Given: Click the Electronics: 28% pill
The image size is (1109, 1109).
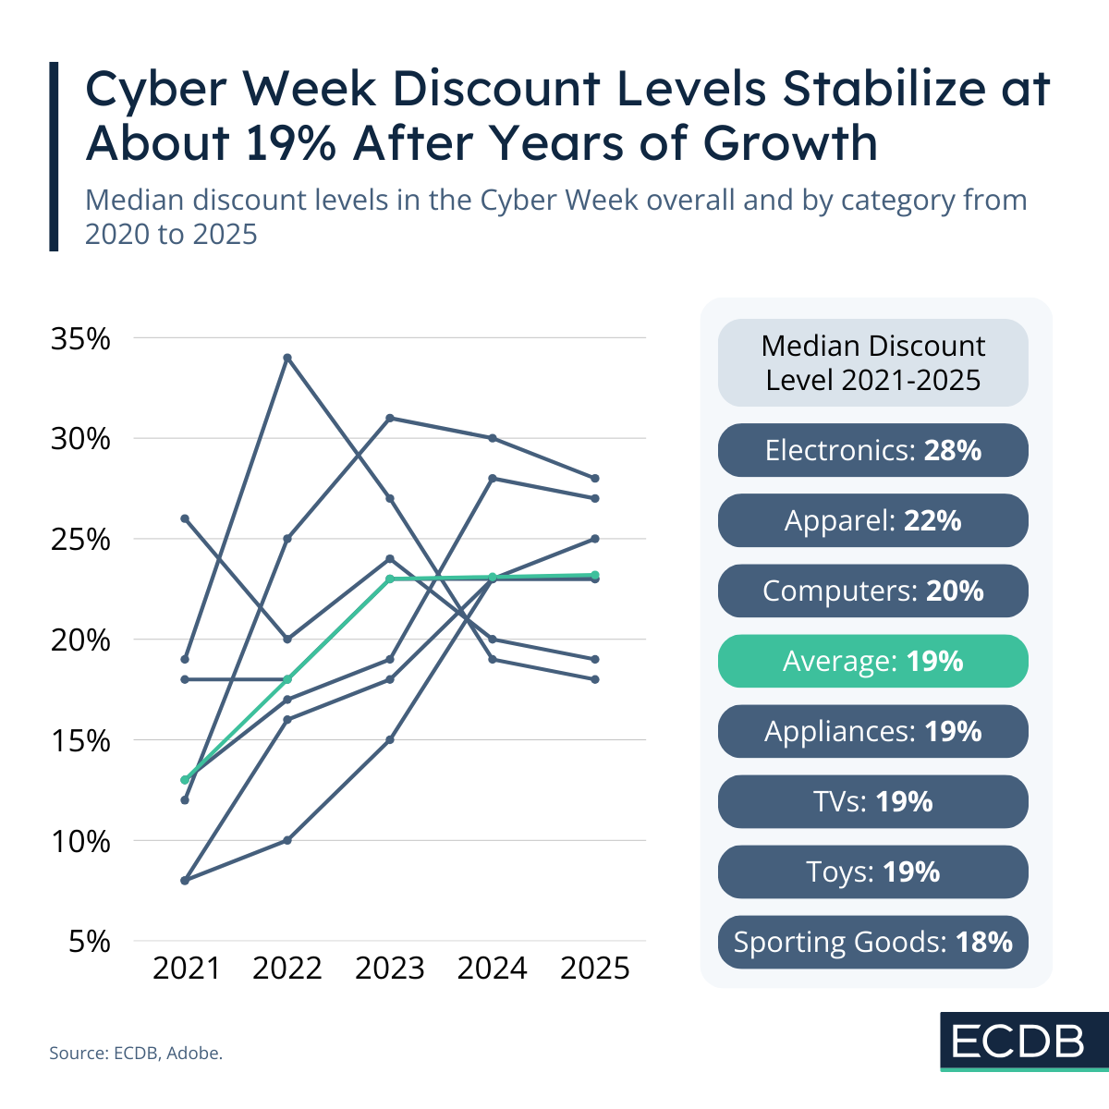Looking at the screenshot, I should click(872, 450).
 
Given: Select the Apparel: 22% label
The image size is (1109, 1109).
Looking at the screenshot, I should click(872, 520).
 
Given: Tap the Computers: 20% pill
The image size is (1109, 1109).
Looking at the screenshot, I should click(872, 591).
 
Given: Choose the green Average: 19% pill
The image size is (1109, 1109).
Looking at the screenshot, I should click(872, 661).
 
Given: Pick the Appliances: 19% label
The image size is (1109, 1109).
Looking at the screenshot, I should click(872, 731).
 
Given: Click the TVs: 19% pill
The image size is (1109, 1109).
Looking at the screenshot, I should click(872, 801).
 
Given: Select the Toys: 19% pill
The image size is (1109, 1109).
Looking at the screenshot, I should click(872, 871).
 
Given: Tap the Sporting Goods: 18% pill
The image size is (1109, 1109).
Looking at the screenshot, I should click(872, 942).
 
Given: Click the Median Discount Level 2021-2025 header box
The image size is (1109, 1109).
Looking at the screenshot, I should click(872, 362).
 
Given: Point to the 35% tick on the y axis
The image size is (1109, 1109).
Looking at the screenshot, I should click(80, 339).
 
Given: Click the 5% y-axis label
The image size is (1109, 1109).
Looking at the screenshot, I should click(90, 942).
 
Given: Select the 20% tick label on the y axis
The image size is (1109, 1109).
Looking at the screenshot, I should click(80, 640).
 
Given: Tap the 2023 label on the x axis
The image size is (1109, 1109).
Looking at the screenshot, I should click(389, 968).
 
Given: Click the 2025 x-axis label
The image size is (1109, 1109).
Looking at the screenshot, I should click(595, 968).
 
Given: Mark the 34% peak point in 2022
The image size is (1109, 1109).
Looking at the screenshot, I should click(287, 358).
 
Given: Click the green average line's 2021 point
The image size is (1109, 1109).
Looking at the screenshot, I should click(185, 780).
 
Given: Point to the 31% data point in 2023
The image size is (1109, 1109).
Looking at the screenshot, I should click(390, 418).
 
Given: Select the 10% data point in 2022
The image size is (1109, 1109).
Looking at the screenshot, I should click(287, 840).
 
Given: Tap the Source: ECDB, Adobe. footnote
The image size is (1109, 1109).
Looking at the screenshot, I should click(136, 1053).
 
